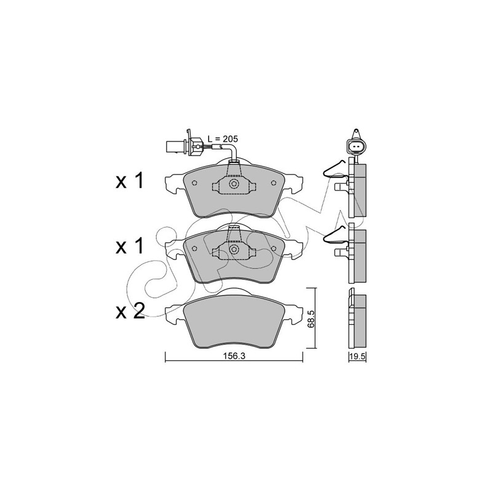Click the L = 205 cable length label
(x=223, y=139)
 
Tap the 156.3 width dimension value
(x=234, y=356)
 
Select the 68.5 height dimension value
(x=311, y=320)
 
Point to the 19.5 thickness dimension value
(x=358, y=356)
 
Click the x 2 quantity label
(x=130, y=311)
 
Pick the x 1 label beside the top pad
(x=130, y=181)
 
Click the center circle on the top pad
(x=234, y=184)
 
